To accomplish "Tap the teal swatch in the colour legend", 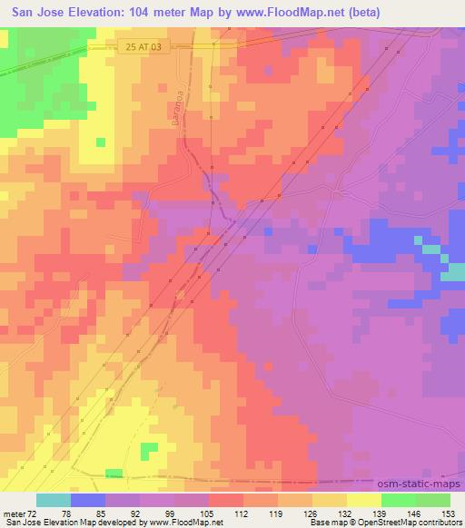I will [54, 500].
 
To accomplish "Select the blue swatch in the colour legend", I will [88, 500].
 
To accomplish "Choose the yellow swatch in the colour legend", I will [363, 500].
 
